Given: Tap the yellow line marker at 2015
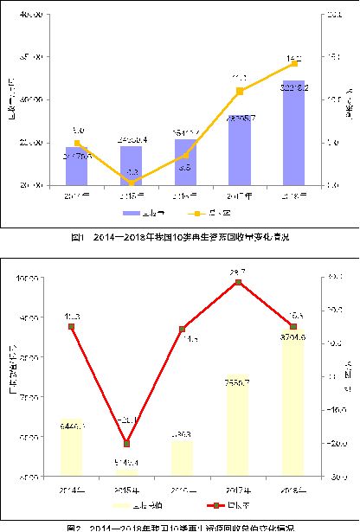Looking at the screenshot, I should tap(132, 183).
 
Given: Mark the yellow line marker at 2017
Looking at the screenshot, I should tap(240, 91).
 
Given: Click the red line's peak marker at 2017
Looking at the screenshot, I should tap(240, 282).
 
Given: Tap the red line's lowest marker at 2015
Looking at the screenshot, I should tap(127, 442).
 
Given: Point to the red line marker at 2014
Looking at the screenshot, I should tap(73, 326).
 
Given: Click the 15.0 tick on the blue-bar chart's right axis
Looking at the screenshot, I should tap(333, 57).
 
